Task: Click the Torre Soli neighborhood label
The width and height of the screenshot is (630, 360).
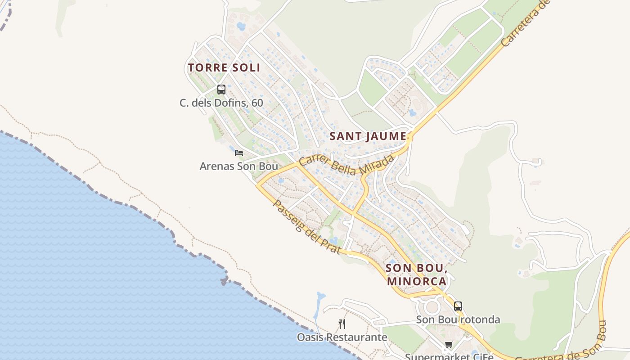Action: [x=224, y=68]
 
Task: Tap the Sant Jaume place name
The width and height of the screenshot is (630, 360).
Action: [x=368, y=136]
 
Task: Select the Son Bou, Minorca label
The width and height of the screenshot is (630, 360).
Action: [x=416, y=274]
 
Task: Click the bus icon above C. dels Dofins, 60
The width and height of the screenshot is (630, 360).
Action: [x=221, y=89]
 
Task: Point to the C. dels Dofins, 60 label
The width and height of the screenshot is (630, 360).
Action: [x=221, y=103]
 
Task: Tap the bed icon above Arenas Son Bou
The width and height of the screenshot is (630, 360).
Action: [x=239, y=153]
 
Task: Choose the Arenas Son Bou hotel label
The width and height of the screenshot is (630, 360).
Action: [x=238, y=166]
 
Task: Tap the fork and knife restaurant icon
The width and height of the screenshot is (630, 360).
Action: [x=342, y=324]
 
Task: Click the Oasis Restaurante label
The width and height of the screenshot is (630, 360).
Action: [x=342, y=337]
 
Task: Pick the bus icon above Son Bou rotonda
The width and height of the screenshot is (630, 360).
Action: [x=458, y=306]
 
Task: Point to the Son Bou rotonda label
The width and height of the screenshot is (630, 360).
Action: [x=458, y=319]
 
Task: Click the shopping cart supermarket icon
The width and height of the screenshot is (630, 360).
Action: [x=449, y=345]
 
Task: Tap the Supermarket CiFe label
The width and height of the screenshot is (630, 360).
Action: [x=449, y=356]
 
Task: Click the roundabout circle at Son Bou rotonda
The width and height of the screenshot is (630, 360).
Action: [x=432, y=307]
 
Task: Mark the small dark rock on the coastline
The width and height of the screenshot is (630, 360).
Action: [x=224, y=281]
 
